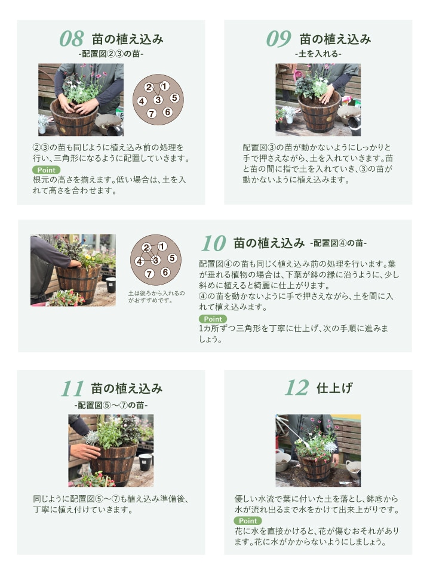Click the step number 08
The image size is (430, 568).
click(x=72, y=39)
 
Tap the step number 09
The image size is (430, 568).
click(x=279, y=39)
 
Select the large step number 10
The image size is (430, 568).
click(x=214, y=243)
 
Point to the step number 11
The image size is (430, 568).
click(x=72, y=388)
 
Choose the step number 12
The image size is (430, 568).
click(x=297, y=388)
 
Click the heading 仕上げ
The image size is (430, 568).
click(x=334, y=388)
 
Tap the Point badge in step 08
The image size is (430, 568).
click(x=47, y=170)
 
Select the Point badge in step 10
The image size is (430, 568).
click(x=213, y=319)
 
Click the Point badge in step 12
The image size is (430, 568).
click(x=248, y=520)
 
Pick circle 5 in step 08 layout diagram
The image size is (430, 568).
click(x=175, y=97)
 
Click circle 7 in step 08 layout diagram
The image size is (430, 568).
click(x=152, y=114)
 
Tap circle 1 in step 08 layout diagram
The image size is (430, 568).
click(x=165, y=86)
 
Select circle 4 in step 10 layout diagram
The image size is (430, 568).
click(x=140, y=261)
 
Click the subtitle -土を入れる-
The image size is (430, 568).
click(x=318, y=54)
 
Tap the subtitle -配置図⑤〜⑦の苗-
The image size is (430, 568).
click(x=111, y=405)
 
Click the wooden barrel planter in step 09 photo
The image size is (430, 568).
click(x=320, y=113)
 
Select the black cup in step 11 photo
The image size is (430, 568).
click(x=145, y=462)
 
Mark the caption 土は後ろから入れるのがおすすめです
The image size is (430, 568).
click(x=156, y=297)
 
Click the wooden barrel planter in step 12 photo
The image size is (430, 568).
click(x=315, y=469)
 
